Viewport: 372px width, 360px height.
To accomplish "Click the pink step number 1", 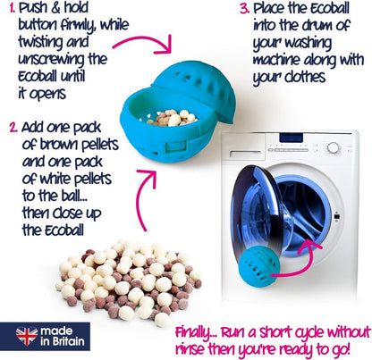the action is (x=13, y=8).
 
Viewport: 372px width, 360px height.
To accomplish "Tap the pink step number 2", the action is (x=13, y=128).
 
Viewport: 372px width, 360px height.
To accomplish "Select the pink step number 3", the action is (x=245, y=9).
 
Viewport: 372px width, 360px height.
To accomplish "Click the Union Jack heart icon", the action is (x=27, y=337).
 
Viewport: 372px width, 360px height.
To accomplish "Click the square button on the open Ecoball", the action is (x=176, y=147).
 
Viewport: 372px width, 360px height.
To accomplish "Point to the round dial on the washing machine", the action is (x=333, y=147).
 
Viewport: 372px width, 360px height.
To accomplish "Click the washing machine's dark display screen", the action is (x=291, y=138).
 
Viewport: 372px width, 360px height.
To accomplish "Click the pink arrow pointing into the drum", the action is (x=301, y=262).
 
